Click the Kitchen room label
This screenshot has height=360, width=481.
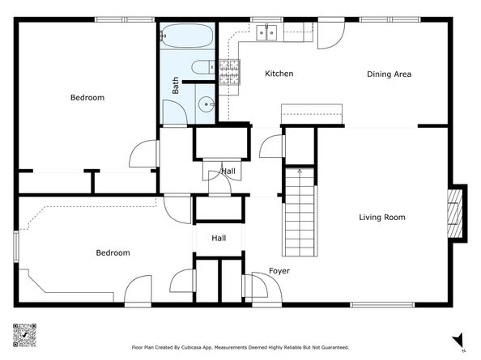click(279, 74)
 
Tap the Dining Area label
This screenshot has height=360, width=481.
click(389, 74)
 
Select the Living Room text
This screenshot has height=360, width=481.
click(382, 218)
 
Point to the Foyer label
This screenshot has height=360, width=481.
click(279, 271)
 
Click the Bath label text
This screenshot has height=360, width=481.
click(175, 85)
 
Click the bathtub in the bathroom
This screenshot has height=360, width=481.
click(187, 36)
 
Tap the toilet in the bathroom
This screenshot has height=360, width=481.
click(203, 67)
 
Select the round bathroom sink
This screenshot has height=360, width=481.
click(206, 104)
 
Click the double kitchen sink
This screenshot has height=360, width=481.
click(266, 32)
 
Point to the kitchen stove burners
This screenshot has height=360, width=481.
click(229, 72)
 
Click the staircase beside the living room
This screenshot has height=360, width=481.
click(300, 212)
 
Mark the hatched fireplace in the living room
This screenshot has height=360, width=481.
click(454, 214)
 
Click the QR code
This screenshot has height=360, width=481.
click(24, 335)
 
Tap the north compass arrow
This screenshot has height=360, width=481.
click(458, 341)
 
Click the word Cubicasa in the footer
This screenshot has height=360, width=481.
click(191, 347)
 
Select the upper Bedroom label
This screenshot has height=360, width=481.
click(87, 97)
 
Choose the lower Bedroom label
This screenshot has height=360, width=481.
click(113, 252)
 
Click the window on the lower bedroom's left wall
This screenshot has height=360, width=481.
click(16, 247)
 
